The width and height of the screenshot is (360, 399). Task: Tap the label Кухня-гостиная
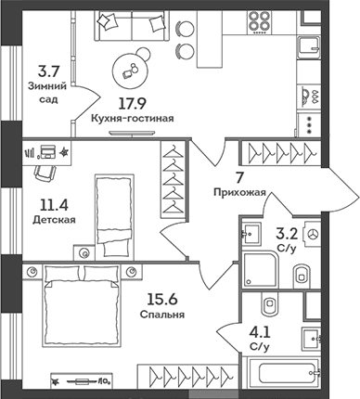point(129,121)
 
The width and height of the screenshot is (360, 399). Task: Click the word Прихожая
point(239,193)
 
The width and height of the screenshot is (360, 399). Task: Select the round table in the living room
point(130,70)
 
